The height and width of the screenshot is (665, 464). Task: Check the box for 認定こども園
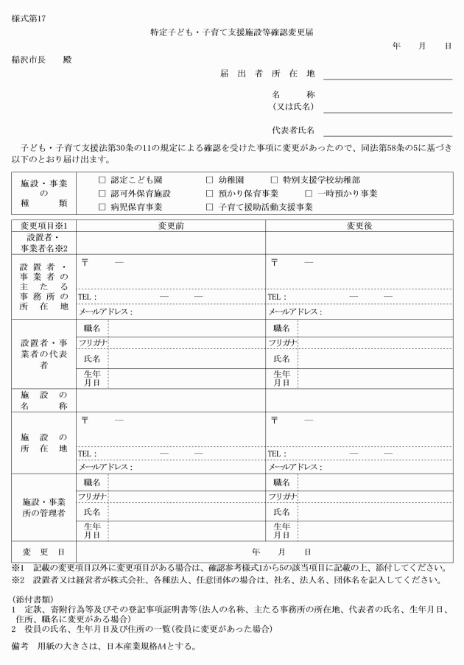(102, 180)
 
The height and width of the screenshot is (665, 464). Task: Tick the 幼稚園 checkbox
(210, 180)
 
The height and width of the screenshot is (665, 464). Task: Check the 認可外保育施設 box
(102, 193)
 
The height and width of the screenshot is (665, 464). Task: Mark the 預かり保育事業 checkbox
(210, 193)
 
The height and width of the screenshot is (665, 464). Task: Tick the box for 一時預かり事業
(309, 193)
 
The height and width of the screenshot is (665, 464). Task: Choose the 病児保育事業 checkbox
(102, 207)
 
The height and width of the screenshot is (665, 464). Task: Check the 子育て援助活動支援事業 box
(210, 207)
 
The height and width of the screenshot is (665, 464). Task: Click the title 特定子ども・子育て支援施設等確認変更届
(231, 32)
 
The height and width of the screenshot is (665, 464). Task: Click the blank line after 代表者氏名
(387, 133)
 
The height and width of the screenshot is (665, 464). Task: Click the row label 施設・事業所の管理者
(43, 507)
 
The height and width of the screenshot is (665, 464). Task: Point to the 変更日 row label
(43, 552)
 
